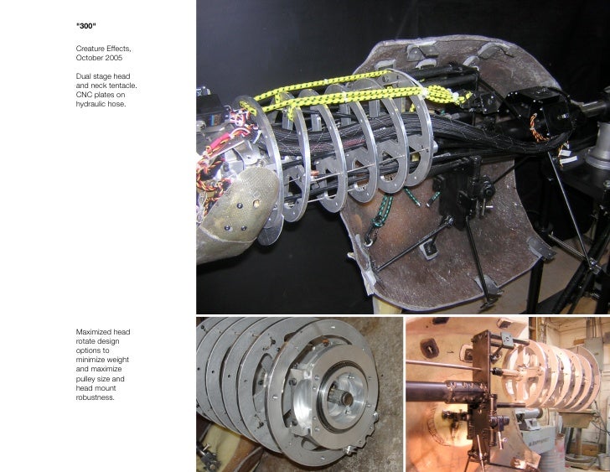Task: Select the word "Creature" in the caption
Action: (x=91, y=49)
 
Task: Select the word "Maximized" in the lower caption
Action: (x=95, y=332)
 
